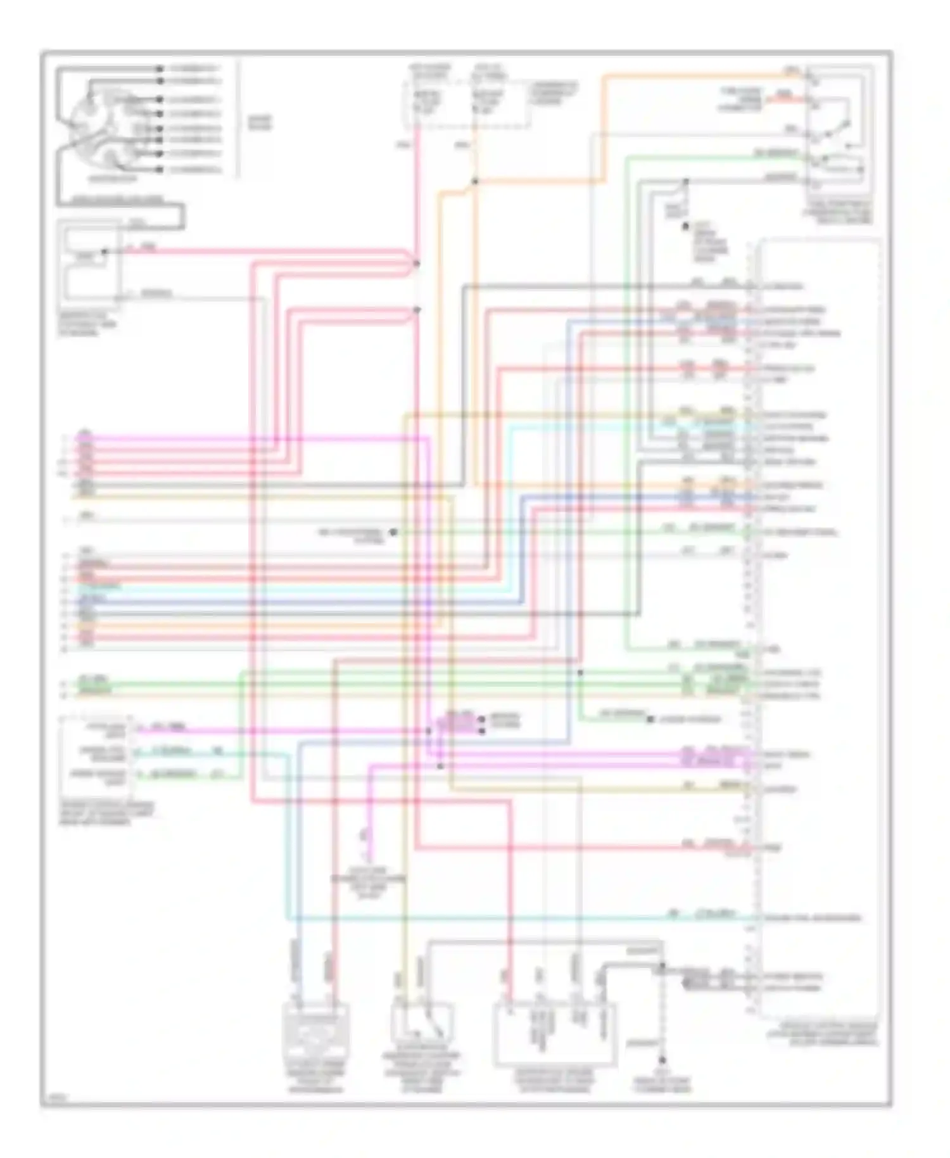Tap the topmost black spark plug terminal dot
pyautogui.click(x=161, y=68)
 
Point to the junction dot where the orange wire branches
pyautogui.click(x=474, y=182)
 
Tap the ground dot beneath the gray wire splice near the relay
pyautogui.click(x=685, y=226)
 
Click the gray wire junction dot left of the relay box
pyautogui.click(x=685, y=182)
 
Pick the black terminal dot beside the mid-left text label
pyautogui.click(x=393, y=532)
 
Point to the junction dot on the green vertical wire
pyautogui.click(x=580, y=672)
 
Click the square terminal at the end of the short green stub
pyautogui.click(x=649, y=719)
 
